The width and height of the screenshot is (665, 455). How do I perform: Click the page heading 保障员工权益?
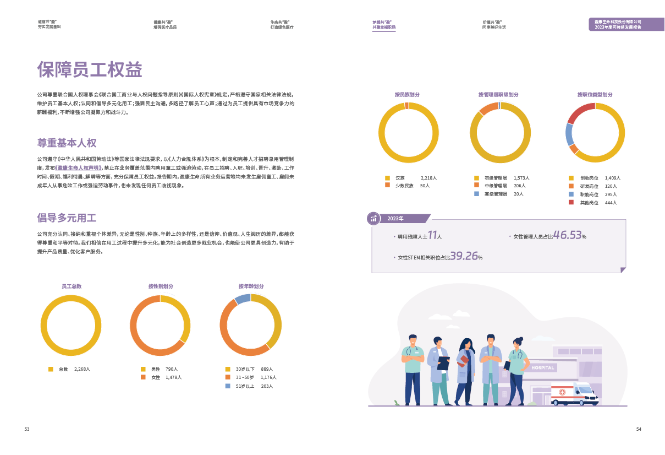coord(90,70)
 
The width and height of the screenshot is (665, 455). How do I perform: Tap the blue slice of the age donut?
coord(243,299)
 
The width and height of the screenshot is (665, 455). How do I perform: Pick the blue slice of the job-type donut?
coord(570,134)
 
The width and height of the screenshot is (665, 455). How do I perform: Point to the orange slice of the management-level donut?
coord(487,108)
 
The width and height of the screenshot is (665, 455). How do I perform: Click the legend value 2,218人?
coord(428,178)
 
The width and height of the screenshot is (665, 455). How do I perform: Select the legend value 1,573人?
coord(521,178)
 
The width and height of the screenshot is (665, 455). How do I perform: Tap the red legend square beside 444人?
coord(571,203)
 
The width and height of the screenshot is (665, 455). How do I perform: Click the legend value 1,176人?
coord(268,377)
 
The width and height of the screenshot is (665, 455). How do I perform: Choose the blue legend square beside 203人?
coord(228,386)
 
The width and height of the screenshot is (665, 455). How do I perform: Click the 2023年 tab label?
coord(395,219)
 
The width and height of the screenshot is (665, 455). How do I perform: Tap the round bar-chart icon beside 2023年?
coord(374,218)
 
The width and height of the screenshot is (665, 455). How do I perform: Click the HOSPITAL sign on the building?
coord(543,367)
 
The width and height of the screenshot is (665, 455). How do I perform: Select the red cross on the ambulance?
coord(562,392)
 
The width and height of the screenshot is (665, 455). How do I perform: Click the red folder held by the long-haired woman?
coord(463,360)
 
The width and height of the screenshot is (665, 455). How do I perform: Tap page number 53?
coord(26,429)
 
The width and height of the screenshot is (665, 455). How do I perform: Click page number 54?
coord(639,429)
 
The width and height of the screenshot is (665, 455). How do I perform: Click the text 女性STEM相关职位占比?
coord(424,257)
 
